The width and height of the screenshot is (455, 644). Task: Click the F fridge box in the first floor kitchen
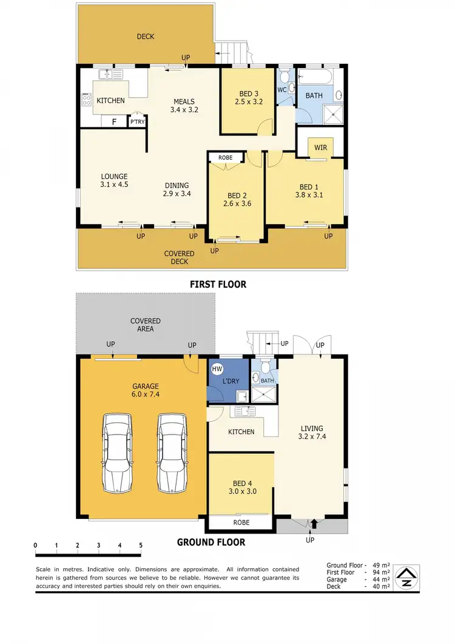pyautogui.click(x=113, y=122)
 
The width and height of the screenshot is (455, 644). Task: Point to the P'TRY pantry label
pyautogui.click(x=138, y=122)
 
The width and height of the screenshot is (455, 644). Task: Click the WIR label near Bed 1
pyautogui.click(x=320, y=147)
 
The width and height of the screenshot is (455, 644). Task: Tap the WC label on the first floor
pyautogui.click(x=281, y=90)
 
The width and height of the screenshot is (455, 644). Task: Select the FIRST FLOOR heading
pyautogui.click(x=218, y=284)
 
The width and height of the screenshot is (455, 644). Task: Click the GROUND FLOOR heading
pyautogui.click(x=211, y=542)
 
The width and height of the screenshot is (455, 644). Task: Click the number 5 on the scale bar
pyautogui.click(x=141, y=545)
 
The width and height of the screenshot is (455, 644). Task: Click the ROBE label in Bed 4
pyautogui.click(x=241, y=522)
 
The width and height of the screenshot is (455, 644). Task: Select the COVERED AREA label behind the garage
pyautogui.click(x=145, y=325)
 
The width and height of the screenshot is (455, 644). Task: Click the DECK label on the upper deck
pyautogui.click(x=145, y=36)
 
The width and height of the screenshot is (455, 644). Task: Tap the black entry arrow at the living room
pyautogui.click(x=314, y=523)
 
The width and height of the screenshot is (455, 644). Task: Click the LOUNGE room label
pyautogui.click(x=114, y=177)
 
